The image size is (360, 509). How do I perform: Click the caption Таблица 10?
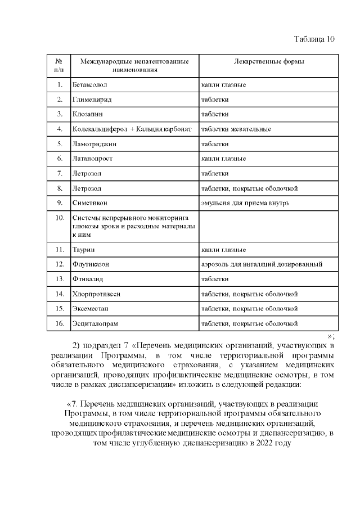coord(314,39)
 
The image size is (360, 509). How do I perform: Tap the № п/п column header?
coord(58,65)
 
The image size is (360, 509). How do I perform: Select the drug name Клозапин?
coord(87,114)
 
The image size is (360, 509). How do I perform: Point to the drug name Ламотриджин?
coord(93,144)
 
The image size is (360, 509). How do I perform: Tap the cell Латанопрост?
coord(93,159)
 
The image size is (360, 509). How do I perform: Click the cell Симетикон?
coord(90,202)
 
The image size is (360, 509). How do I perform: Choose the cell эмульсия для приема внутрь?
coord(245,202)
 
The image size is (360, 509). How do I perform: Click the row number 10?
coord(58,218)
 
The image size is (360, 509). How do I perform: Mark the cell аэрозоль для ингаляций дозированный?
coord(262,264)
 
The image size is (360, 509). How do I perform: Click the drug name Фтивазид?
coord(88,279)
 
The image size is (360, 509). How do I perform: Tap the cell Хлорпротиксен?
coord(96,294)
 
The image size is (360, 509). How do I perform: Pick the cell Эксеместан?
coord(92,308)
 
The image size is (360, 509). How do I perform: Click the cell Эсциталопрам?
coord(95,323)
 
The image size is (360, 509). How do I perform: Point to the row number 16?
coord(58,323)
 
